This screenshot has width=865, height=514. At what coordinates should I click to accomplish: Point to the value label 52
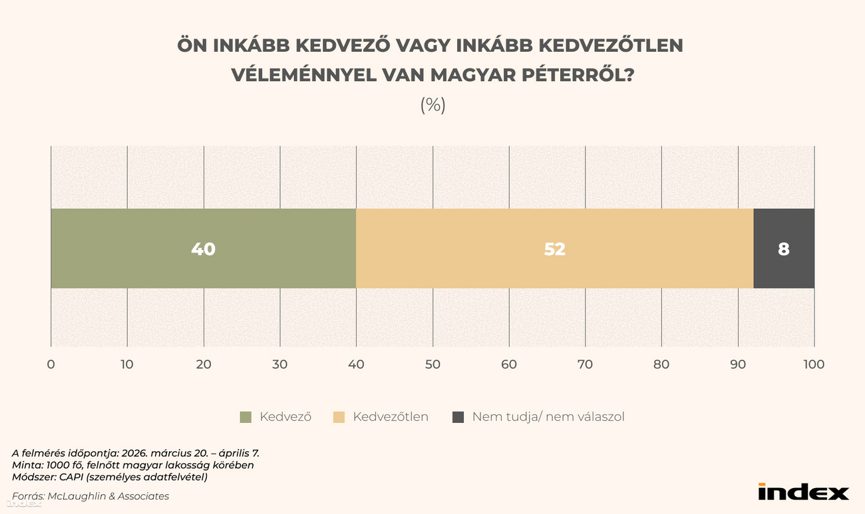coord(554,249)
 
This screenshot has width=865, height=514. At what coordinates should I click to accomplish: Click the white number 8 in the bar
coord(783,249)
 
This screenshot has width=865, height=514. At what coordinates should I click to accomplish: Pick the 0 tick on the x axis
coord(51,364)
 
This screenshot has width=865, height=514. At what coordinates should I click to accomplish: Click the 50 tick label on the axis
coord(432,364)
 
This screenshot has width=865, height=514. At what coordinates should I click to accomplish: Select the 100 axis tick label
coord(814,364)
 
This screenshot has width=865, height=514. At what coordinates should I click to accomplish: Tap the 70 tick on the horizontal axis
coord(585,364)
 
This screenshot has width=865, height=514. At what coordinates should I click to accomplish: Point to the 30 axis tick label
coord(280,364)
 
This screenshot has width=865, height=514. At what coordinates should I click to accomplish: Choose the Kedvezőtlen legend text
coord(391,417)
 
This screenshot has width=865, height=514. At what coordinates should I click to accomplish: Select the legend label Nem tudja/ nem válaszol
coord(548,417)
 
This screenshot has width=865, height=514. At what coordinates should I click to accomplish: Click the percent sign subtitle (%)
coord(432,105)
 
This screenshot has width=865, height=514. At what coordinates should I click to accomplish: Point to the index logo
coord(803,492)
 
